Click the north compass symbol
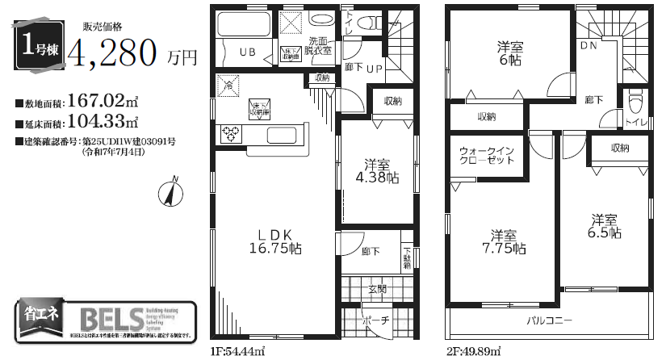[x=170, y=193]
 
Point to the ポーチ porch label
[x=377, y=320]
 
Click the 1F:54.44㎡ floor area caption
[x=239, y=352]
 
